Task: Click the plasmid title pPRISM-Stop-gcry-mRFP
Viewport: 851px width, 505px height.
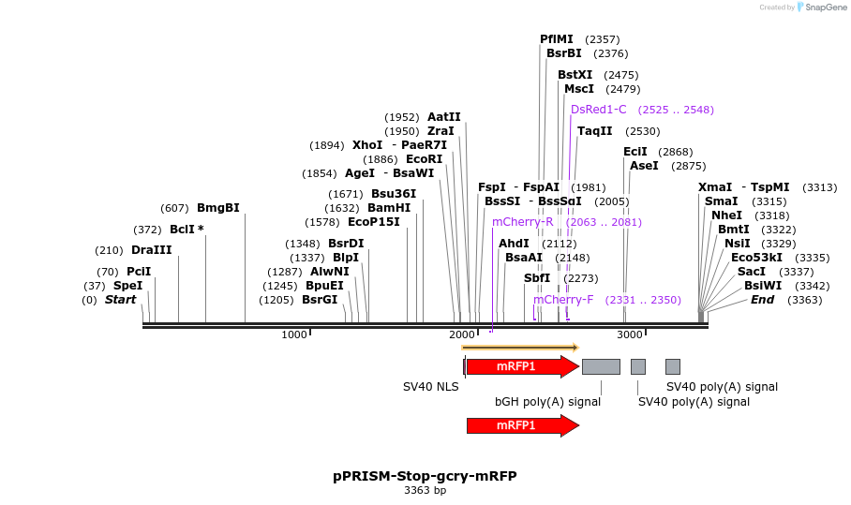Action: (425, 476)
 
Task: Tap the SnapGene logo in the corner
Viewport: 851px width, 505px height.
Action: (818, 7)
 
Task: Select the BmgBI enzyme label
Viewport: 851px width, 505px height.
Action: (217, 208)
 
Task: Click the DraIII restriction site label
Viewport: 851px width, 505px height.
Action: (151, 250)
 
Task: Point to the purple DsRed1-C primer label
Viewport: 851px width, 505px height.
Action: (599, 110)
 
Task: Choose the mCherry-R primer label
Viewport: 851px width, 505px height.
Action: (522, 222)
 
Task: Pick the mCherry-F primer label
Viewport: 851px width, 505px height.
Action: (563, 300)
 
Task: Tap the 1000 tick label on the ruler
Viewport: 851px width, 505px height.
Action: (294, 334)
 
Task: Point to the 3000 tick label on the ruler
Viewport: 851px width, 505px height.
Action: (629, 334)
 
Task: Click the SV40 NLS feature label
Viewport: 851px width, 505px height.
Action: (431, 386)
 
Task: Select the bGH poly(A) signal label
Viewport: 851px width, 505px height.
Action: (547, 402)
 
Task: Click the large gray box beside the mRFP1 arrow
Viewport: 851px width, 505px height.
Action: (601, 366)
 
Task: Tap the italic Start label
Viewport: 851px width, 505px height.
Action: (120, 300)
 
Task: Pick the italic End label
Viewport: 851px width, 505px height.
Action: (762, 300)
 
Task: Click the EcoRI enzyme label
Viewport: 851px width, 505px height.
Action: (424, 159)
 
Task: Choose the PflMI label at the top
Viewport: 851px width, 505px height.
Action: (557, 39)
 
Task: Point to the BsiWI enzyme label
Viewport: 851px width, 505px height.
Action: (762, 286)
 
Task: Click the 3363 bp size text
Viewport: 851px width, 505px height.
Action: (425, 490)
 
